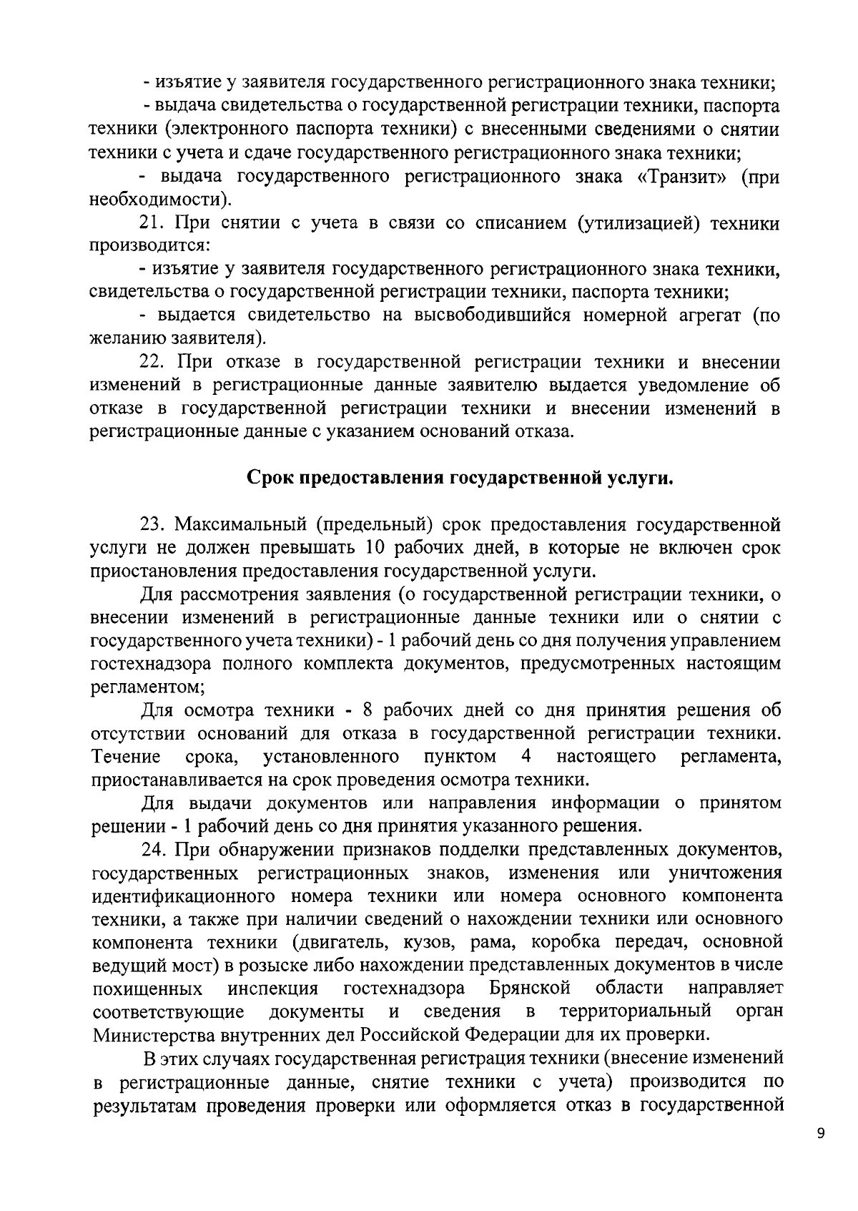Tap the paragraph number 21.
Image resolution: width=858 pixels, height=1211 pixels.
152,223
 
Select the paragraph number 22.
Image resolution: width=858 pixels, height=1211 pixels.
152,363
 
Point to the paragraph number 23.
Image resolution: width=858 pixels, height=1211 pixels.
152,525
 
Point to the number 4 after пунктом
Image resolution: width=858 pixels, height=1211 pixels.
526,757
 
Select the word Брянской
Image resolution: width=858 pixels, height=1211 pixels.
530,989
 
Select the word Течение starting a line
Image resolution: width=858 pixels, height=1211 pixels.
125,757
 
